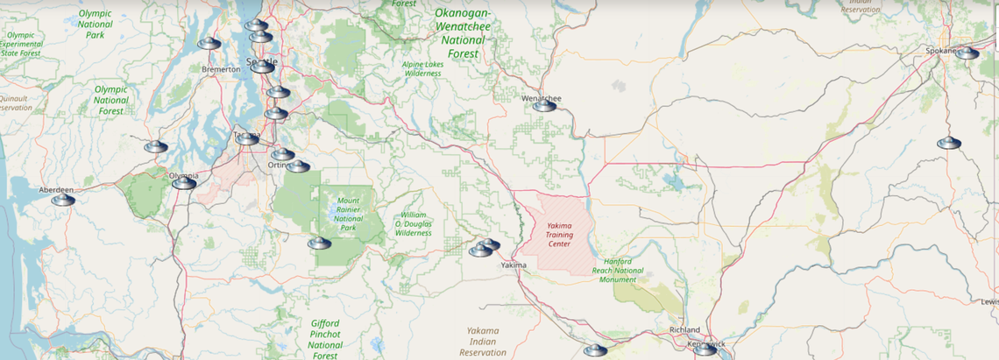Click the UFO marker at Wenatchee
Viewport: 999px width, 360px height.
click(x=545, y=106)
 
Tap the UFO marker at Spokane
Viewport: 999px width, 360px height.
click(x=967, y=53)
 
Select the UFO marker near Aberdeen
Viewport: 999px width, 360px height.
click(x=63, y=200)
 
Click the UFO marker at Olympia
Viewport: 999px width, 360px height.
click(x=184, y=182)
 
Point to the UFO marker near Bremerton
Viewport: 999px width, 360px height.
click(x=209, y=44)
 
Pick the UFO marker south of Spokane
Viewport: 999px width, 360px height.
click(x=949, y=143)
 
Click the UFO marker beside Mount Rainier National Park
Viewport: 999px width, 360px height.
click(x=319, y=243)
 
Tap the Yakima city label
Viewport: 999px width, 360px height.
click(x=514, y=265)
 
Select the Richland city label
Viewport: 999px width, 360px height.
click(x=684, y=329)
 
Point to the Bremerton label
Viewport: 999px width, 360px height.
click(x=221, y=68)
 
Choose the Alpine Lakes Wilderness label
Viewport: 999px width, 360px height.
click(x=423, y=69)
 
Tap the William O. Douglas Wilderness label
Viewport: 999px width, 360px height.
click(x=414, y=223)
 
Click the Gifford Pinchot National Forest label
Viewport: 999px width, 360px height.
click(x=325, y=340)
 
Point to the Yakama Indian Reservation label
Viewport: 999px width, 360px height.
click(x=483, y=342)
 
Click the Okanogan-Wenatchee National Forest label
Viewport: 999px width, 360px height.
click(x=463, y=33)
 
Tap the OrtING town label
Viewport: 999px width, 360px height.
click(x=279, y=165)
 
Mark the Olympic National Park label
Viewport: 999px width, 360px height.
click(x=96, y=25)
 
